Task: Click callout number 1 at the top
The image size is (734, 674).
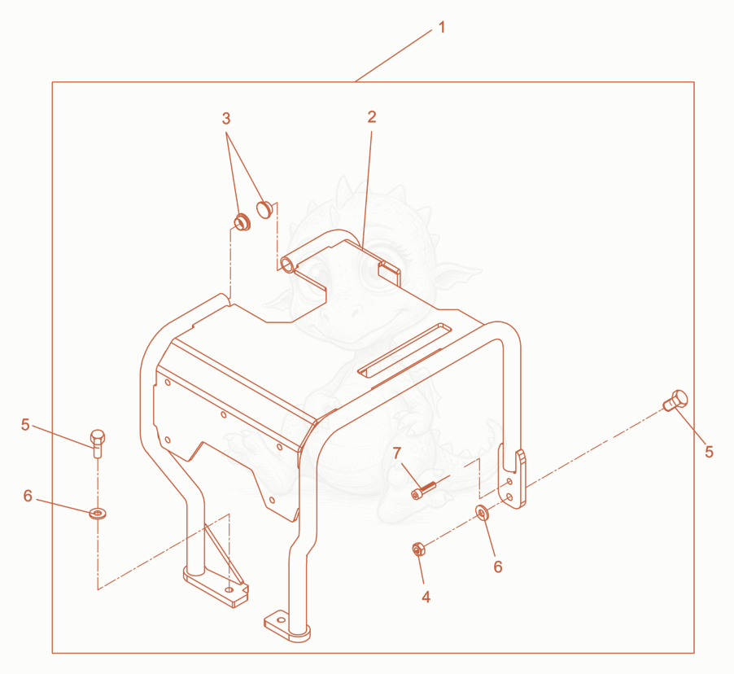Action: point(441,28)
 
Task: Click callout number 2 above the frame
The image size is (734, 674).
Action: point(372,117)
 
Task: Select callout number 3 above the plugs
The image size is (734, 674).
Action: point(226,119)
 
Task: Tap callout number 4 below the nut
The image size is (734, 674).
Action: point(426,597)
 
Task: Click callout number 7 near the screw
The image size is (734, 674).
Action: point(397,453)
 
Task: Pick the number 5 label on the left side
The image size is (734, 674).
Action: point(25,425)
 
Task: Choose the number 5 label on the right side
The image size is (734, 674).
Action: point(710,452)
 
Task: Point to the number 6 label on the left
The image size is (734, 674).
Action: point(28,496)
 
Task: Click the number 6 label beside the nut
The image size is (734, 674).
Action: point(498,567)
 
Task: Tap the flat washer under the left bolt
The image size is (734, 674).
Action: point(98,514)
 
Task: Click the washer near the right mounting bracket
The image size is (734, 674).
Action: point(482,513)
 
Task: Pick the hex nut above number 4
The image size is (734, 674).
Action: point(418,549)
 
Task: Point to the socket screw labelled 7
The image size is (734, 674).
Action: point(423,490)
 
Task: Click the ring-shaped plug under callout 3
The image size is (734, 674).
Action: point(242,221)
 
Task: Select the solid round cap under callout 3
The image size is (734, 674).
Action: point(265,209)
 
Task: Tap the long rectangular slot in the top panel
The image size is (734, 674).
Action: point(399,349)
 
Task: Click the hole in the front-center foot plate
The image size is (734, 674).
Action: point(281,619)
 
